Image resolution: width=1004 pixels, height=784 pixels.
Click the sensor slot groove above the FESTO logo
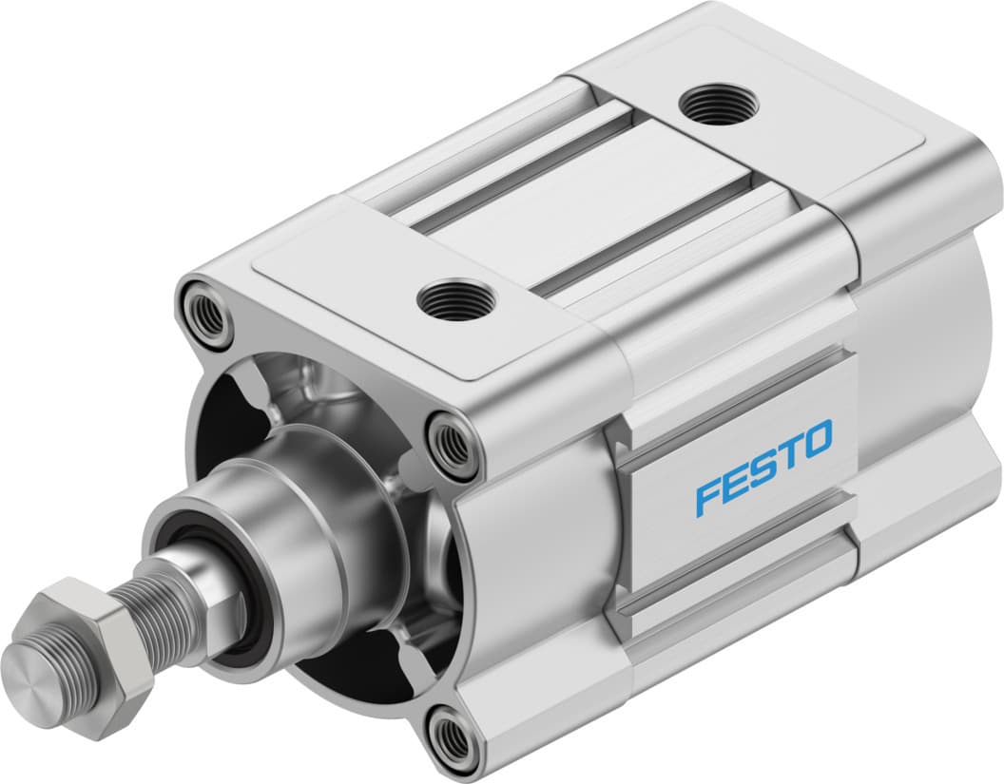[732, 399]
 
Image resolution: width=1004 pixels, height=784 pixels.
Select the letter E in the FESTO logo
[733, 484]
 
